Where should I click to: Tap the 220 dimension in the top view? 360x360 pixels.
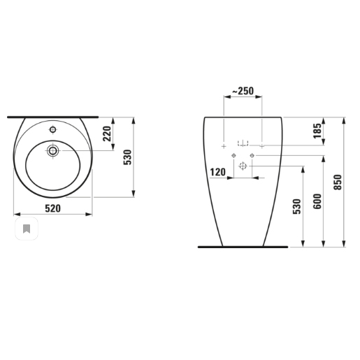pyautogui.click(x=108, y=134)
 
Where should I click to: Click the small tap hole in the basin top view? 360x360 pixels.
pyautogui.click(x=53, y=131)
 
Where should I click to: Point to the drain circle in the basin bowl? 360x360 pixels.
pyautogui.click(x=53, y=150)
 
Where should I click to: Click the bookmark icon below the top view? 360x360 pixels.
pyautogui.click(x=26, y=229)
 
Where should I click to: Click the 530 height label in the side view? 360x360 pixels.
pyautogui.click(x=297, y=208)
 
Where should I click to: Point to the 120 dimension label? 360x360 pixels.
pyautogui.click(x=217, y=171)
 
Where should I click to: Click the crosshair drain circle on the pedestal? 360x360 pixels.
pyautogui.click(x=243, y=166)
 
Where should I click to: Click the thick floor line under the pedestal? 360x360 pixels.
pyautogui.click(x=243, y=247)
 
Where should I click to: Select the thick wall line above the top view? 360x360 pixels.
pyautogui.click(x=53, y=117)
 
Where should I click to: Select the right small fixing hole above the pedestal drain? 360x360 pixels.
pyautogui.click(x=251, y=154)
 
